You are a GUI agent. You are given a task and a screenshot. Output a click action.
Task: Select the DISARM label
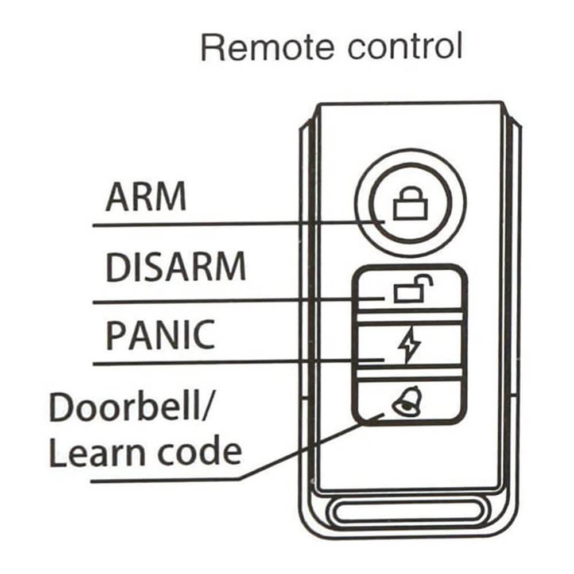pos(176,266)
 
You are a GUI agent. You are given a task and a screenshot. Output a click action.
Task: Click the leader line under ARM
pos(230,224)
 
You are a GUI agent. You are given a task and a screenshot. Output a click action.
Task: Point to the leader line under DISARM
pos(230,301)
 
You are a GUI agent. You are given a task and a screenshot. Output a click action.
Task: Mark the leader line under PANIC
pos(230,362)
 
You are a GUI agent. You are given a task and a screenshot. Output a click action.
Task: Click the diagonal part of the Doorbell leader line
pos(310,447)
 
